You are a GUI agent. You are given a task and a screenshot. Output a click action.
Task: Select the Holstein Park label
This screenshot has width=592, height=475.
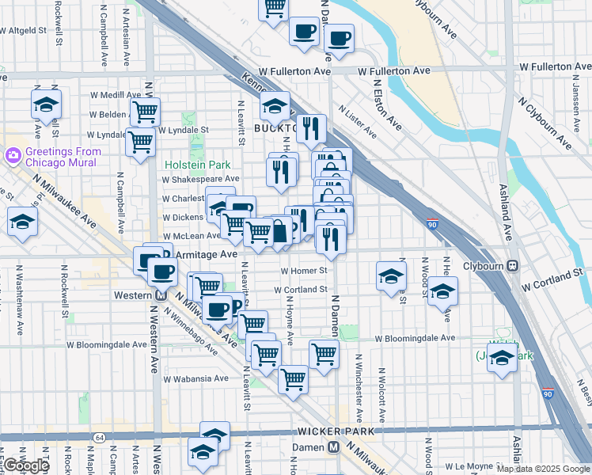[x=197, y=165]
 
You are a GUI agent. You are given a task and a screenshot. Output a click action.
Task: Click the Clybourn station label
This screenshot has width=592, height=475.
[x=483, y=266]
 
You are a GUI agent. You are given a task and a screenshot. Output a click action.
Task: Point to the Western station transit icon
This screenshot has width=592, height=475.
[x=159, y=295]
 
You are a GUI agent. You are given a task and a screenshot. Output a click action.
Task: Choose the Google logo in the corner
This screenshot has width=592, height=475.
[x=26, y=465]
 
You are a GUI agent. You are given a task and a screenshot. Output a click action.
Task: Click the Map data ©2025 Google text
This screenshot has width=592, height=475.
[x=542, y=469]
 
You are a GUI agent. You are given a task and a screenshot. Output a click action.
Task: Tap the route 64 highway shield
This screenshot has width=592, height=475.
[x=99, y=437]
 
